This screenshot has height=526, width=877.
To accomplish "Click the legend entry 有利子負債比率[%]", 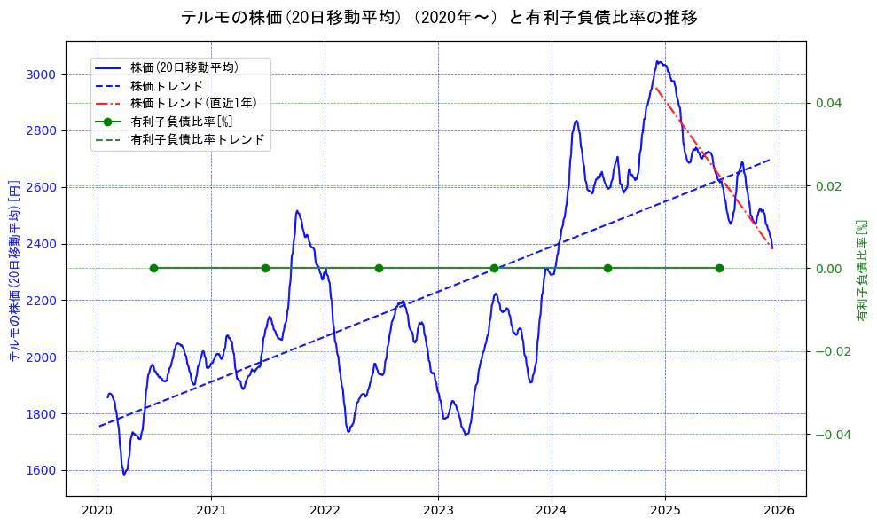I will click(x=181, y=122).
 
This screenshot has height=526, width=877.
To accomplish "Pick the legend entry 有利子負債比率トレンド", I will click(x=197, y=140).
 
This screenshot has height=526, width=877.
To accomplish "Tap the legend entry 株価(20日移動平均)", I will click(x=184, y=67).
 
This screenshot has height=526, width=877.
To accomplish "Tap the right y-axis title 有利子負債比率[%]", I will click(x=862, y=270).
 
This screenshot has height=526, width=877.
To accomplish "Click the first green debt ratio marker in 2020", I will click(x=153, y=268).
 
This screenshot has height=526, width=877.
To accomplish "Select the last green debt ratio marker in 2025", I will click(x=719, y=268).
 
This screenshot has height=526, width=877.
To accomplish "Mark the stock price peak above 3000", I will click(x=658, y=61).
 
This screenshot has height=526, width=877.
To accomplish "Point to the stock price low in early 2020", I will click(x=124, y=475).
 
